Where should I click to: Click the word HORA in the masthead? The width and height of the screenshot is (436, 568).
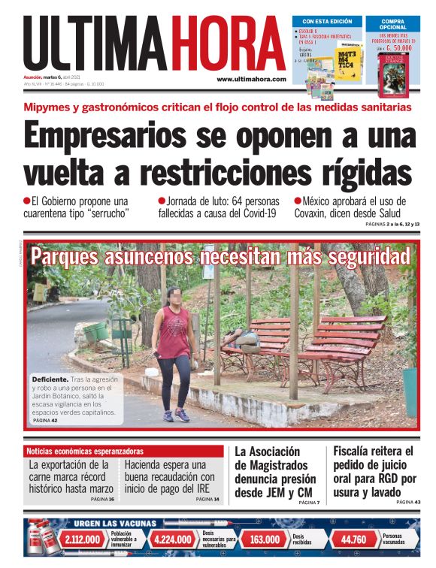pyautogui.click(x=228, y=44)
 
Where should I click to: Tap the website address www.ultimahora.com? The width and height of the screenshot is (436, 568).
pyautogui.click(x=251, y=79)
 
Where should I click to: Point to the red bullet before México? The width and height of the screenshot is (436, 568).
pyautogui.click(x=297, y=201)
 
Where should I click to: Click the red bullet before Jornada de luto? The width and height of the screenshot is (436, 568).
pyautogui.click(x=161, y=201)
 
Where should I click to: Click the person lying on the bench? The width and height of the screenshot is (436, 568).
pyautogui.click(x=244, y=340)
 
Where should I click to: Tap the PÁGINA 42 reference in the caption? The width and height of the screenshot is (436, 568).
pyautogui.click(x=44, y=421)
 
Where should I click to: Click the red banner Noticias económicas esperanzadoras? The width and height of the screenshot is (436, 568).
pyautogui.click(x=84, y=452)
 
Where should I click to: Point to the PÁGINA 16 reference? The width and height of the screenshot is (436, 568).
pyautogui.click(x=101, y=499)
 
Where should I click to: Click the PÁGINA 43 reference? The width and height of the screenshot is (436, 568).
pyautogui.click(x=407, y=502)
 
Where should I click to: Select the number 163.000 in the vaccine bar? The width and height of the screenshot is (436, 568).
pyautogui.click(x=265, y=539)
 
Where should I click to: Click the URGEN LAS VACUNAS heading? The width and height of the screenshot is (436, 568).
pyautogui.click(x=115, y=524)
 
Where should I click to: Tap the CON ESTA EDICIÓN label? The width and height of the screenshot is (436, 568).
pyautogui.click(x=326, y=21)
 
